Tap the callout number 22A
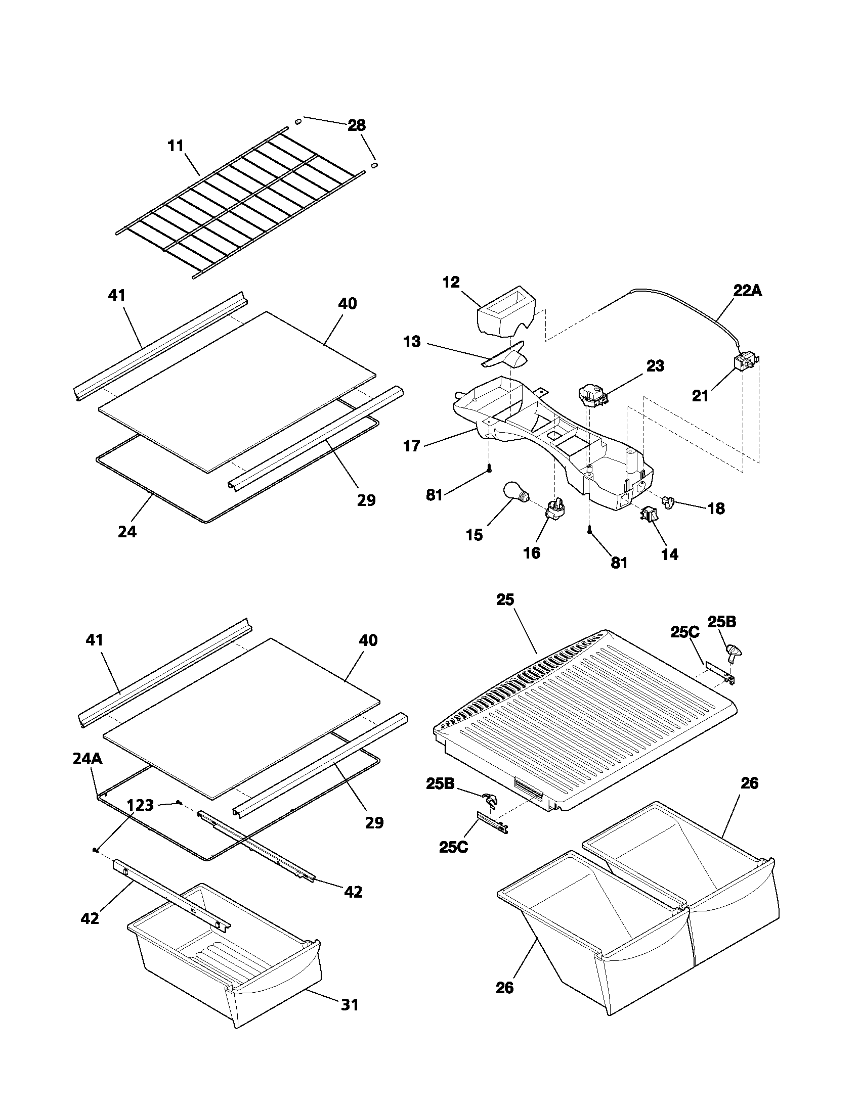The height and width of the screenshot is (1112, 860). point(747,291)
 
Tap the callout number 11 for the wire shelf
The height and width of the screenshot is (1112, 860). point(175,146)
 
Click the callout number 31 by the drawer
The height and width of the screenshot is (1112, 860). point(350,1004)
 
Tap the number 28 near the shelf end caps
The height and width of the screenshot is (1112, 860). point(357,125)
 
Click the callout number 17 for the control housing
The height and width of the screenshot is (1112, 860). point(411,446)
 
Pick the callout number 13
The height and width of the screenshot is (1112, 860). point(412,341)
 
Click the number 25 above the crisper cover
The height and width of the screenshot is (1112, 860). point(505,600)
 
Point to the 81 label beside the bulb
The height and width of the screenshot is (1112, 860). point(434,494)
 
